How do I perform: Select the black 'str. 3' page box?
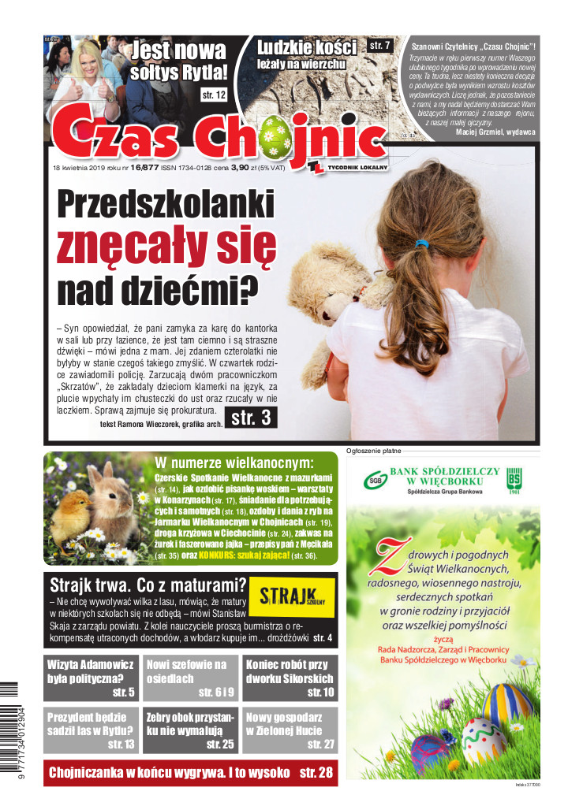(x=251, y=418)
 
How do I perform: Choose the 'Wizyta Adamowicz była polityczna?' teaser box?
(x=91, y=678)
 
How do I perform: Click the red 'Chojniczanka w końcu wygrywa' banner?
(x=190, y=773)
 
